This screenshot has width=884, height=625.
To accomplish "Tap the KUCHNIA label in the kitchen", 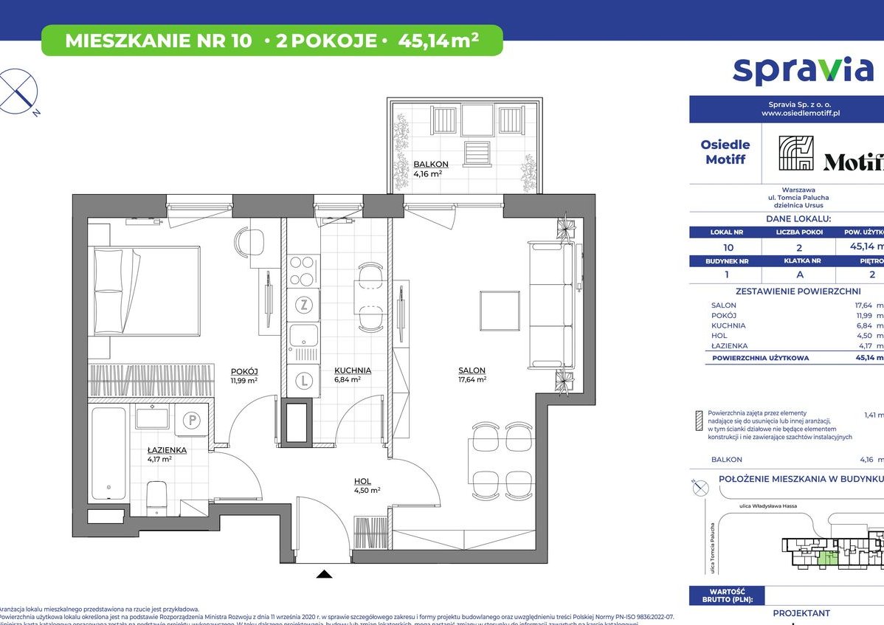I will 352,370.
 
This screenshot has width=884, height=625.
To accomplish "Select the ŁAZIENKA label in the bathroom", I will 166,449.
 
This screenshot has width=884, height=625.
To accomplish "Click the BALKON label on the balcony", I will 427,164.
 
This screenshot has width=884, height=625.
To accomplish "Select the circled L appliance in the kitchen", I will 303,381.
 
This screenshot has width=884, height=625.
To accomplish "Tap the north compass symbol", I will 19,91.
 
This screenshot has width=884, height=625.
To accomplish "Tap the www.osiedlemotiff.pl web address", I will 801,114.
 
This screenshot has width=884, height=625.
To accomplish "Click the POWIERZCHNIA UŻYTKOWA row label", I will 760,358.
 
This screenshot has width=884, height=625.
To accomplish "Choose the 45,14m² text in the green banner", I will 438,41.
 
